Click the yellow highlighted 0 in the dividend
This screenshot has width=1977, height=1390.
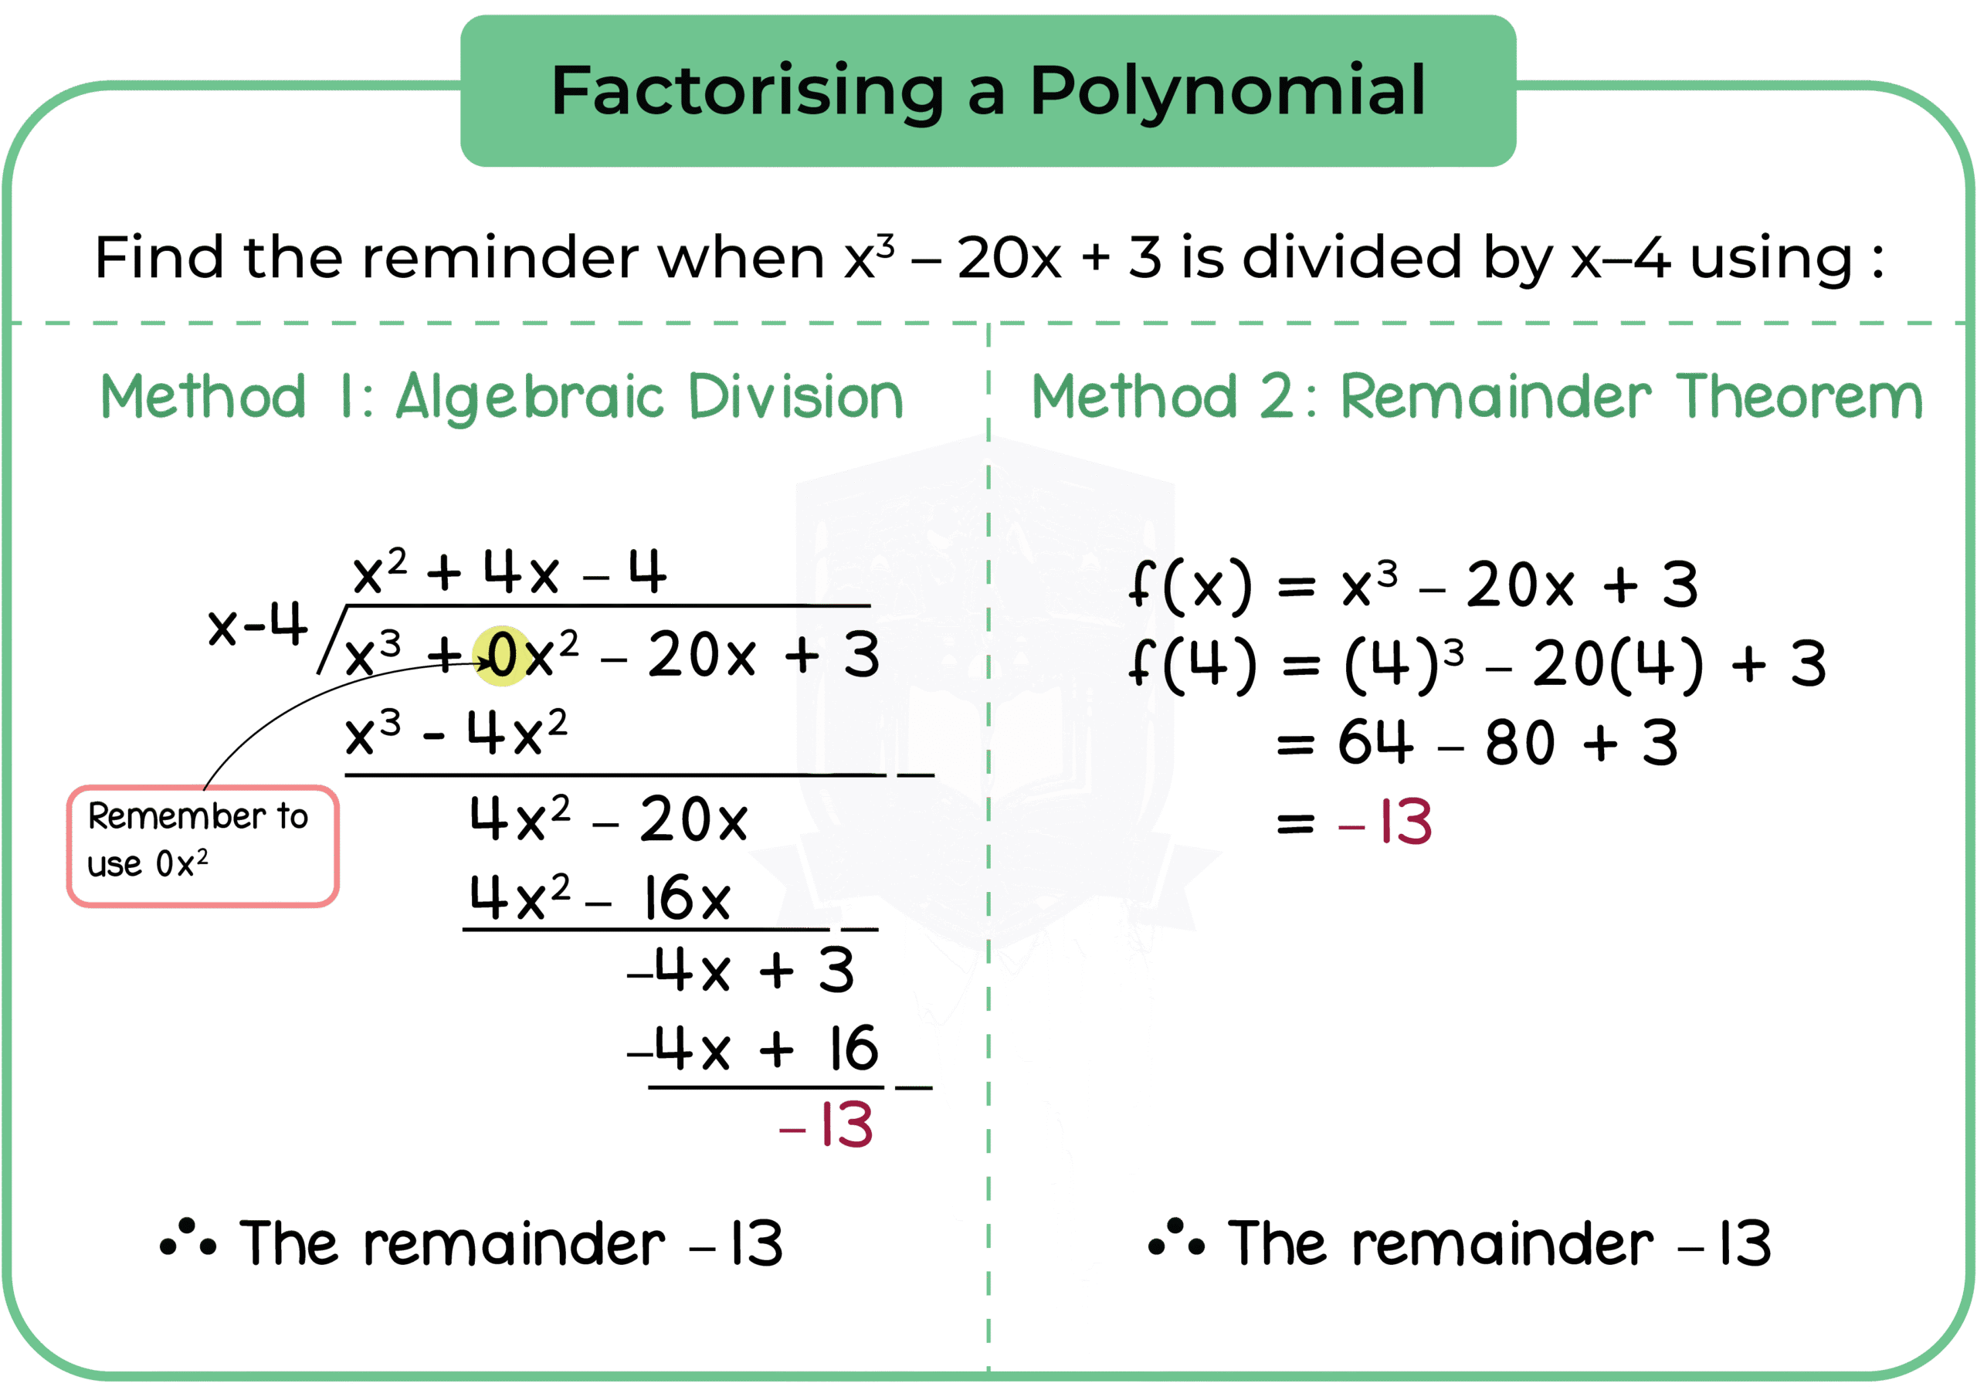point(501,656)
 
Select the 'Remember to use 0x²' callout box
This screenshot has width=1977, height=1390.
point(203,846)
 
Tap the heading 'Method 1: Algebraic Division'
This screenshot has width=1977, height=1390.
point(502,396)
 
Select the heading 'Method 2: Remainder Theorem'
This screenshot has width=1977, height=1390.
point(1476,396)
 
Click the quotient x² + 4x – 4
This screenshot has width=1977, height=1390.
point(509,572)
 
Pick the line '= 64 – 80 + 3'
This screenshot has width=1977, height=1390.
point(1477,742)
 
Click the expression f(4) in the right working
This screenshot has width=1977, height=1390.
point(1193,663)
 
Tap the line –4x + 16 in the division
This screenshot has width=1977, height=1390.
point(754,1049)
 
